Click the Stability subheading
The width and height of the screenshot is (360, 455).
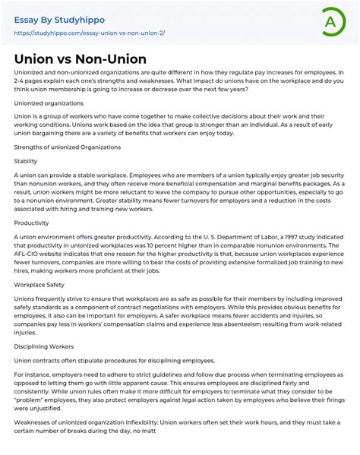[x=26, y=161]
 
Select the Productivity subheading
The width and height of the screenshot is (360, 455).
[x=31, y=223]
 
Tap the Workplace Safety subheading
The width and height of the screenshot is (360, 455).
[x=41, y=285]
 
